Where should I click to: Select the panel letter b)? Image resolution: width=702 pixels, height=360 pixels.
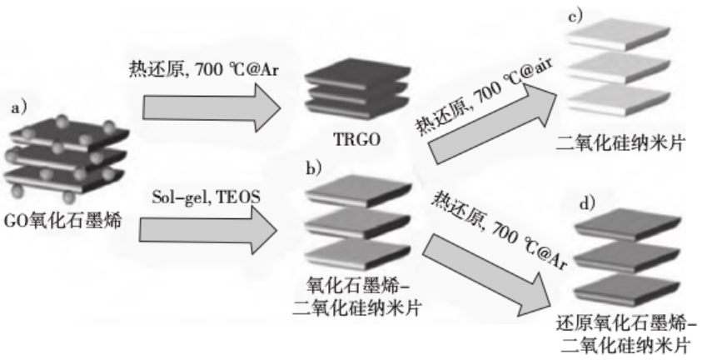coord(315,167)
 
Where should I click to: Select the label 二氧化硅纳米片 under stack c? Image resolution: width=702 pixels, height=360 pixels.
coord(621,142)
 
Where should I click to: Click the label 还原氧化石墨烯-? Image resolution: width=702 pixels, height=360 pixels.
coord(627,322)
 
